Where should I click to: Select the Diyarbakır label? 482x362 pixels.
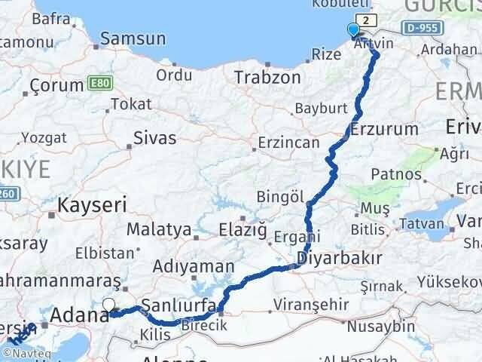tap(339, 259)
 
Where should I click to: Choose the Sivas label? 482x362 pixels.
tap(154, 137)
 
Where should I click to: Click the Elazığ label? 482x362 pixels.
tap(243, 229)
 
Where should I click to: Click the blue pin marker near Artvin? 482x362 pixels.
tap(353, 31)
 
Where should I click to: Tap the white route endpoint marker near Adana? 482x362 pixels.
tap(108, 305)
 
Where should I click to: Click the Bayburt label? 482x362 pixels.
tap(319, 108)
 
